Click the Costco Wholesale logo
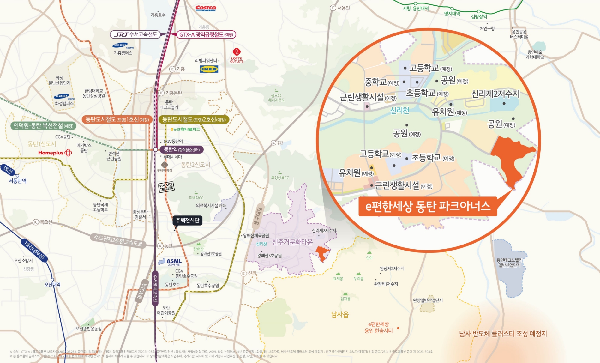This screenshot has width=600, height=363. (x=206, y=8)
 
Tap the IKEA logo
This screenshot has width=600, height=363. (x=209, y=69)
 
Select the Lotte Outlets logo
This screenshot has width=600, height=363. (x=237, y=55)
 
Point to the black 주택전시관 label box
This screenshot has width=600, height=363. (x=188, y=220)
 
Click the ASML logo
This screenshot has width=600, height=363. (x=171, y=262)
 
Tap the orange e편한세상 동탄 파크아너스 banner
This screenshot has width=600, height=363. (x=428, y=206)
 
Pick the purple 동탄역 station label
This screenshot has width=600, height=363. (x=182, y=150)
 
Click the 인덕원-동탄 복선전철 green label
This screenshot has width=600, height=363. (x=43, y=126)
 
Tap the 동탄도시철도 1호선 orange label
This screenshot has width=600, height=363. (x=117, y=119)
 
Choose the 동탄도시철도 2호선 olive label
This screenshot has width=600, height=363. (x=194, y=119)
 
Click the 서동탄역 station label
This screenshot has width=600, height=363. (x=18, y=181)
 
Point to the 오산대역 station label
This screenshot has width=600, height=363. (x=52, y=284)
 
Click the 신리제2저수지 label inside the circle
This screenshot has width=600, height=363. (x=495, y=94)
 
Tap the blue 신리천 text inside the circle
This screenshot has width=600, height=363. (x=399, y=110)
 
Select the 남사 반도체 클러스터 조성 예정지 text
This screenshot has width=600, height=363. (x=503, y=334)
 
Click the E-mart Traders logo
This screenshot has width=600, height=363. (x=166, y=187)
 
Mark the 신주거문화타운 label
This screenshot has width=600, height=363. (x=292, y=242)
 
